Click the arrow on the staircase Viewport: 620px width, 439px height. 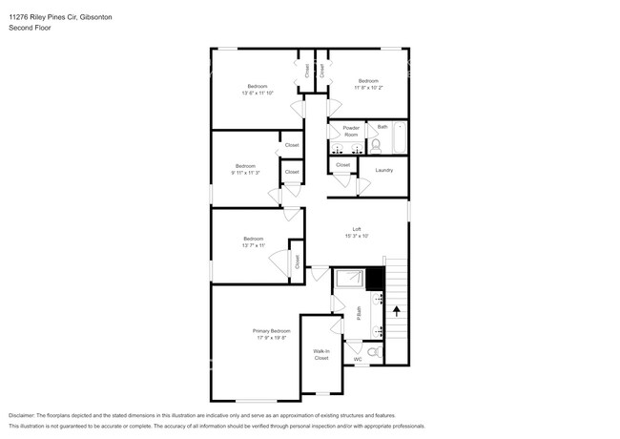coord(396,311)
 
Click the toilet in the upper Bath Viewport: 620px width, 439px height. coord(376,145)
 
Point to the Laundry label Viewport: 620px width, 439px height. coord(384,170)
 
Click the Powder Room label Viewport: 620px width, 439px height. coord(351,131)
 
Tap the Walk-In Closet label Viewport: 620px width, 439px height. coord(321,354)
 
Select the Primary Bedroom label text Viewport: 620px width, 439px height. coord(272,330)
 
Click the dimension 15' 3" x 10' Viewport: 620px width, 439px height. coord(357,236)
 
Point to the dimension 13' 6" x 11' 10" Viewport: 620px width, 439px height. coord(258,93)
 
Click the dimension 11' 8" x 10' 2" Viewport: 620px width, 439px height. coord(368,87)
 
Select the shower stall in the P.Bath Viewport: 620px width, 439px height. coord(348,280)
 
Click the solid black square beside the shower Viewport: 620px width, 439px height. coord(375,280)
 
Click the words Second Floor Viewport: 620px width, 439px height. coord(30,28)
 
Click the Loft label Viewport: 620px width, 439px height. coord(357,228)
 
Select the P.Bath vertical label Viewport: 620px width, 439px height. coord(359,312)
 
